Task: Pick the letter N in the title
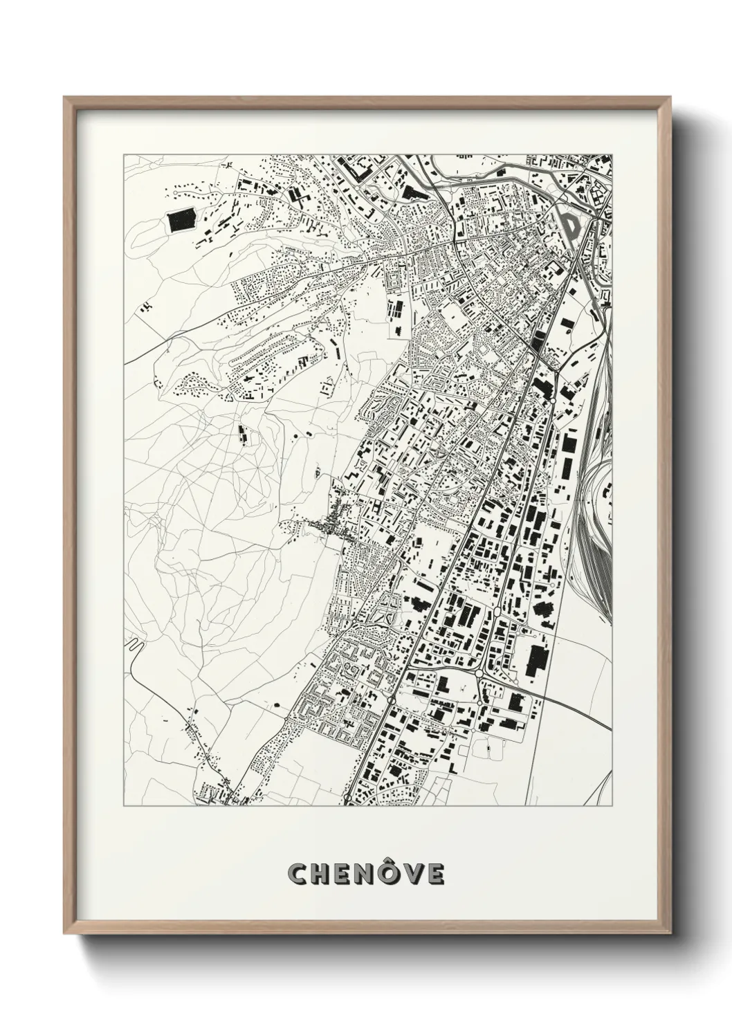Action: tap(367, 874)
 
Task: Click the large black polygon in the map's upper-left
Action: tap(182, 223)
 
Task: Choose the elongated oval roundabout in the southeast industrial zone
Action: tap(500, 613)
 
